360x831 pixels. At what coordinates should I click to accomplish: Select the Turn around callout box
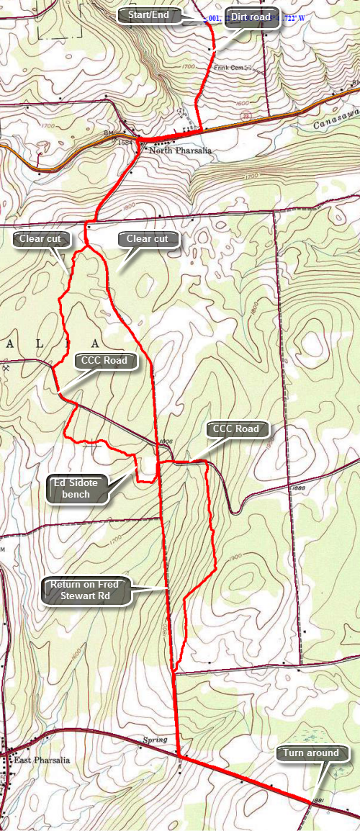pos(310,753)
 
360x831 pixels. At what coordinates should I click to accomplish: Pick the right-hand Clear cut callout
pos(147,239)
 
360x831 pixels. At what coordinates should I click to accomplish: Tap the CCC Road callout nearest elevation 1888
pos(235,429)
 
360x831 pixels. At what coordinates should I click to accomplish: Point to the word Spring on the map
pos(155,740)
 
